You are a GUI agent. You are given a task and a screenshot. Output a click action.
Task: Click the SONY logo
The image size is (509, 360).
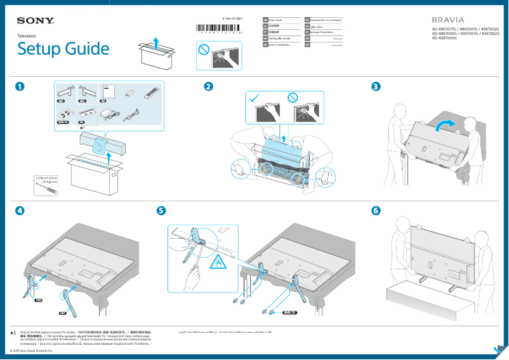tap(36, 22)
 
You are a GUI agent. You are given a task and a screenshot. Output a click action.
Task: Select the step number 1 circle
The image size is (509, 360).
tap(22, 87)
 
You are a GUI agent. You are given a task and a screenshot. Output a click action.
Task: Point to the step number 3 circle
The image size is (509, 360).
tap(376, 87)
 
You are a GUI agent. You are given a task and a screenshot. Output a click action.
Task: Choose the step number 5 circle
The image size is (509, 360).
tap(162, 210)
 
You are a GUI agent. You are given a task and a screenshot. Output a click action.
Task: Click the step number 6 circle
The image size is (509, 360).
tap(376, 210)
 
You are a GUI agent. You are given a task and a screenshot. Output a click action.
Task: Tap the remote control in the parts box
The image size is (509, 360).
tap(150, 93)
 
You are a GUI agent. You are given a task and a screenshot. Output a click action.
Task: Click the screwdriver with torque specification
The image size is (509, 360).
tap(44, 187)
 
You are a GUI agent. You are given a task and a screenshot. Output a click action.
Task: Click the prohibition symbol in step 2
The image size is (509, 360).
tap(293, 98)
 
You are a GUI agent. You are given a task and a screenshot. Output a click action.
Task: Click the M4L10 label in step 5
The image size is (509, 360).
tap(290, 312)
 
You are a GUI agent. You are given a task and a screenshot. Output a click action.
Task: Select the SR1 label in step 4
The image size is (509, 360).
tap(62, 313)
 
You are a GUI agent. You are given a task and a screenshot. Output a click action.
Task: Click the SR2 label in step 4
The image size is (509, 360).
tap(38, 300)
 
